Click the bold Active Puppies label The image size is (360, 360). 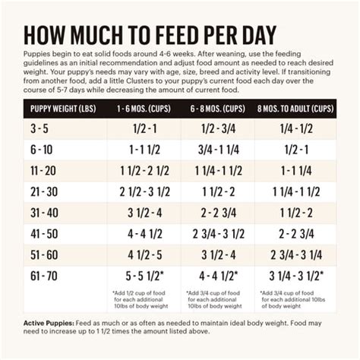(46, 324)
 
